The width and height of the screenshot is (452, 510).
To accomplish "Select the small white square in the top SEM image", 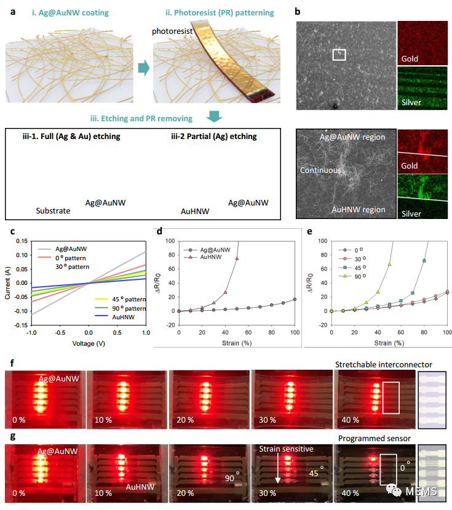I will click(x=339, y=55).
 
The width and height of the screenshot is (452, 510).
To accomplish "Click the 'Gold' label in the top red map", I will click(x=410, y=59).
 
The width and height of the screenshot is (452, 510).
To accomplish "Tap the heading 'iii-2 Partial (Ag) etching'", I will click(x=213, y=136).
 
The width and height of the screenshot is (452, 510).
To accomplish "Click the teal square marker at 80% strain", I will click(x=424, y=261).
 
